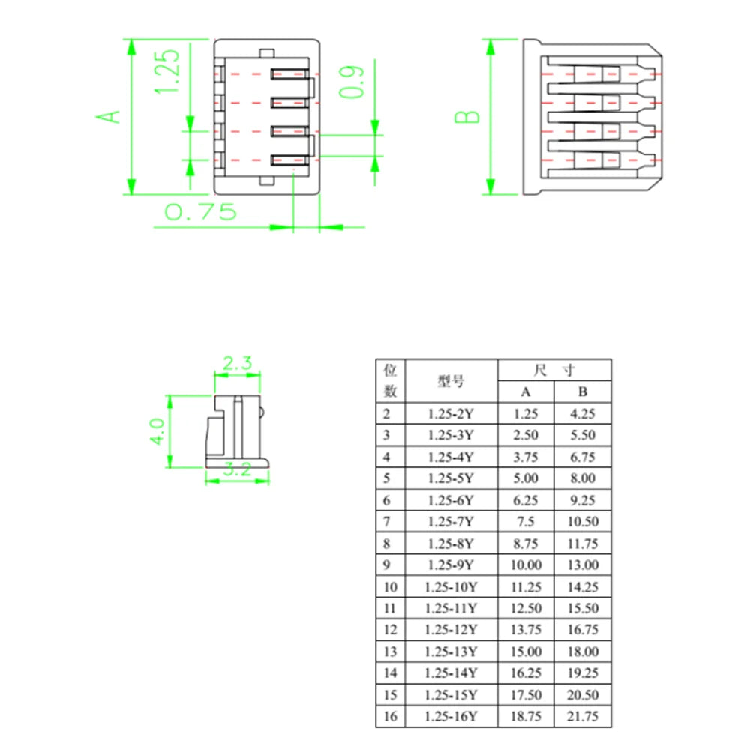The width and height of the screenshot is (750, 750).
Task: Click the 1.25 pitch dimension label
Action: coord(167,71)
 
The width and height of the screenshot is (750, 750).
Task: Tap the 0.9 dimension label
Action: coord(352,82)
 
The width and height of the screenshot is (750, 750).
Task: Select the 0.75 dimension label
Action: coord(200,212)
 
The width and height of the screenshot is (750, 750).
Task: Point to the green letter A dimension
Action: coord(109,117)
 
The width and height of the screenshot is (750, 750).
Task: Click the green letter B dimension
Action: coord(466,117)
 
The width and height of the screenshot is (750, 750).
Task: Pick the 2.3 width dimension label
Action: coord(237,363)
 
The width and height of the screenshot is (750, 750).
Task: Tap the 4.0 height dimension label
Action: coord(157,432)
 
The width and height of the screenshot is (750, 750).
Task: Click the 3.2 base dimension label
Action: coord(237,469)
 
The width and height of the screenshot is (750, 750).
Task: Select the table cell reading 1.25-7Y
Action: coord(451,521)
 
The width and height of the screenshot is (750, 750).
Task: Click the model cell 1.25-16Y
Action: coord(451,716)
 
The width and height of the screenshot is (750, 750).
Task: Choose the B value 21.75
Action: coord(583,716)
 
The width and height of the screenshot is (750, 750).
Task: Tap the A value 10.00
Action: coord(526,565)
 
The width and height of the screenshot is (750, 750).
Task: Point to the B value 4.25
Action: coord(583,413)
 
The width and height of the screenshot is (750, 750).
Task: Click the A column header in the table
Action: coord(526,391)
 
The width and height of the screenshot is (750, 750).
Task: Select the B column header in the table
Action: coord(583,391)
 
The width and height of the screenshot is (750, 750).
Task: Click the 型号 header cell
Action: coord(451,381)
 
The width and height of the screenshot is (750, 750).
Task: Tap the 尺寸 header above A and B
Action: coord(554,370)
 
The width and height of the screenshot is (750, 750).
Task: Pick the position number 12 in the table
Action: coord(390,630)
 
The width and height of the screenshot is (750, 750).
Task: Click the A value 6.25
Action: coord(526,500)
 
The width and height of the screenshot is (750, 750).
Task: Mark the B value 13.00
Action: coord(583,565)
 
